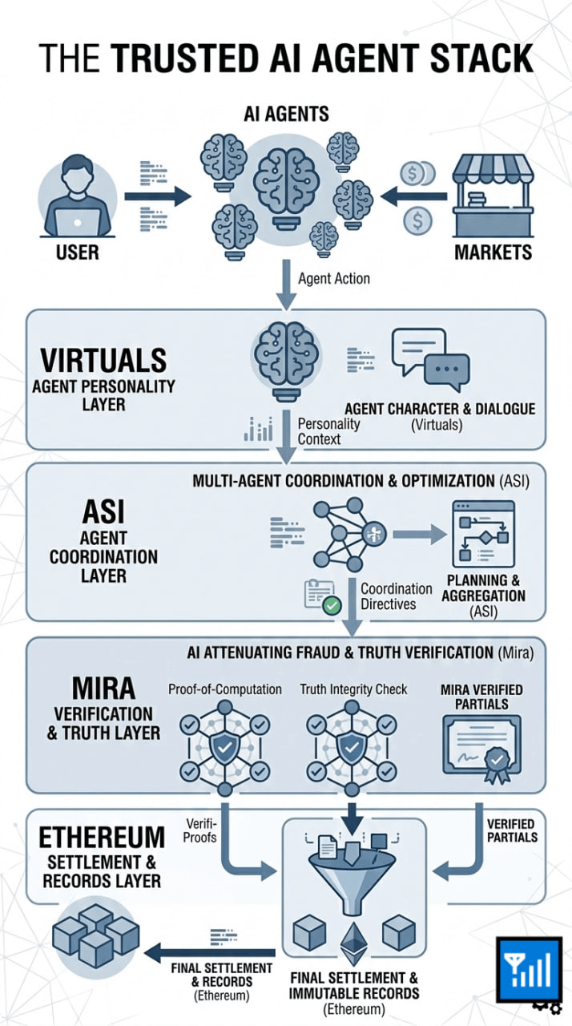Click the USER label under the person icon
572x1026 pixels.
pyautogui.click(x=77, y=252)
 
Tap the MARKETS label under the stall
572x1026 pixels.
pyautogui.click(x=493, y=252)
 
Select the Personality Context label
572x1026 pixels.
pyautogui.click(x=328, y=430)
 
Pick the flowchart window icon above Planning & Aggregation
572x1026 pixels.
pyautogui.click(x=483, y=533)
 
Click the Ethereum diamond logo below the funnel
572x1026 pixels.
pyautogui.click(x=352, y=945)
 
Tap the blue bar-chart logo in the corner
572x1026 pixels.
pyautogui.click(x=527, y=969)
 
